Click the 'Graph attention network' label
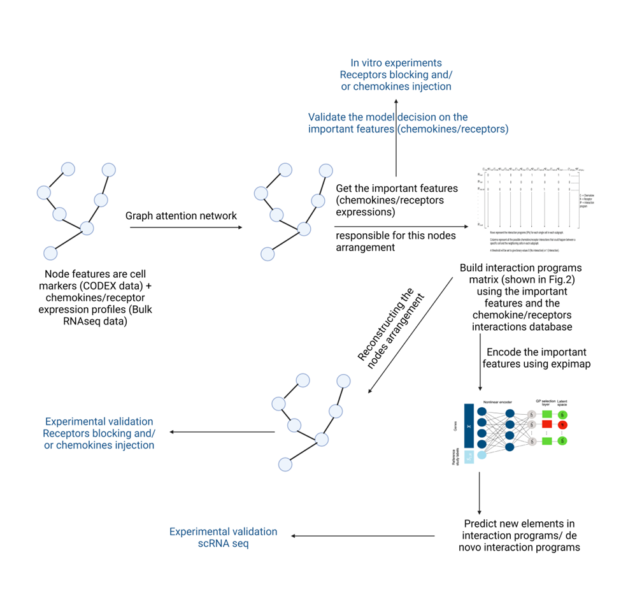click(x=181, y=215)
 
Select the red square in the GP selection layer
click(x=546, y=425)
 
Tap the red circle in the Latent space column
click(x=562, y=425)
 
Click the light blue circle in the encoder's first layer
click(x=482, y=454)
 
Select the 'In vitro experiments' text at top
click(x=396, y=62)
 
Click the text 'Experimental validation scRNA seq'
click(x=223, y=537)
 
